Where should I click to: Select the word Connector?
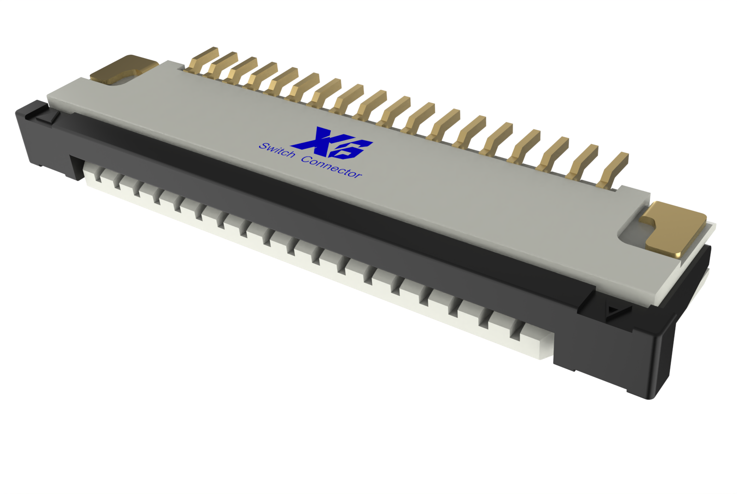[332, 167]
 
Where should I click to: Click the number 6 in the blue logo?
[357, 149]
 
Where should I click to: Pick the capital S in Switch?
[264, 146]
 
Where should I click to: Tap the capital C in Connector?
[306, 159]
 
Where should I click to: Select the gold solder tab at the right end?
[674, 227]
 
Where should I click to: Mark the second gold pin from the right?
[584, 161]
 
